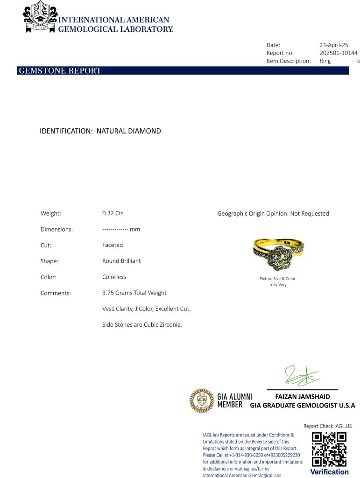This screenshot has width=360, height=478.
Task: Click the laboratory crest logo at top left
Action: tap(40, 17)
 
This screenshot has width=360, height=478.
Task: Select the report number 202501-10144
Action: tap(338, 53)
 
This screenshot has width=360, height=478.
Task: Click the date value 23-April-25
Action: tap(333, 45)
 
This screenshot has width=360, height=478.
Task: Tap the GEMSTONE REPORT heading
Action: tap(60, 71)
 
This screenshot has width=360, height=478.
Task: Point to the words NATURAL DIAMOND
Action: tap(128, 131)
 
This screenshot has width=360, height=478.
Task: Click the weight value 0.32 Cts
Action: tap(113, 213)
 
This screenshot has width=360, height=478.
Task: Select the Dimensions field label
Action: tap(56, 229)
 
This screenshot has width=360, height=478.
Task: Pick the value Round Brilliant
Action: tap(121, 261)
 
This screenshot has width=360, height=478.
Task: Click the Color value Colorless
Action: tap(114, 277)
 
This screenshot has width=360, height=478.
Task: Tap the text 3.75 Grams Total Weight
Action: tap(134, 293)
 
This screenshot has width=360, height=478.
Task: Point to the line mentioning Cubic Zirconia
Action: tap(142, 324)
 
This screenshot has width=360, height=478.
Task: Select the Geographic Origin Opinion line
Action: tap(273, 213)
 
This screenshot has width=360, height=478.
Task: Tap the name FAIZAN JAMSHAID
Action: tap(303, 397)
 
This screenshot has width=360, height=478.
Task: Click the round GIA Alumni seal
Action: tap(201, 401)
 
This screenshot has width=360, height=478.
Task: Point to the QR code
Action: tap(329, 450)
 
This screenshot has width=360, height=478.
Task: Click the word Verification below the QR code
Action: tap(329, 472)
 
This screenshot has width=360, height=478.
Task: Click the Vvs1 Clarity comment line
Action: tap(146, 309)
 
